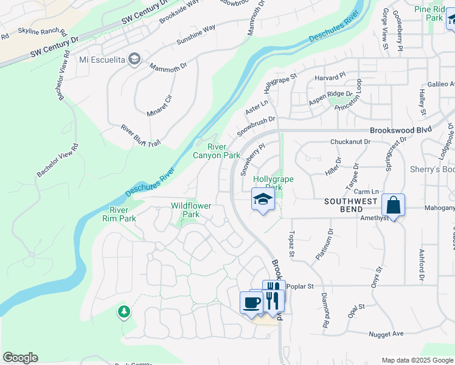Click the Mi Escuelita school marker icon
coord(134,59)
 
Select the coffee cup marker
coord(251,302)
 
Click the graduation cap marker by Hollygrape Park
coord(263,200)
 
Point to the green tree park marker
coord(123,311)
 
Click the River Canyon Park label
coord(217,151)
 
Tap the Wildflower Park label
coord(191,210)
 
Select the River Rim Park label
coord(119,214)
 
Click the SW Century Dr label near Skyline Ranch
coord(55,47)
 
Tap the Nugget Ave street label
coord(386,334)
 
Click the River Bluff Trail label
coord(141,135)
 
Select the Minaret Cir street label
coord(160,105)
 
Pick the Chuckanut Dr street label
coord(350,142)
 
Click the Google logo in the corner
coord(20,358)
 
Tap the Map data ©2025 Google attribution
coord(418,360)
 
